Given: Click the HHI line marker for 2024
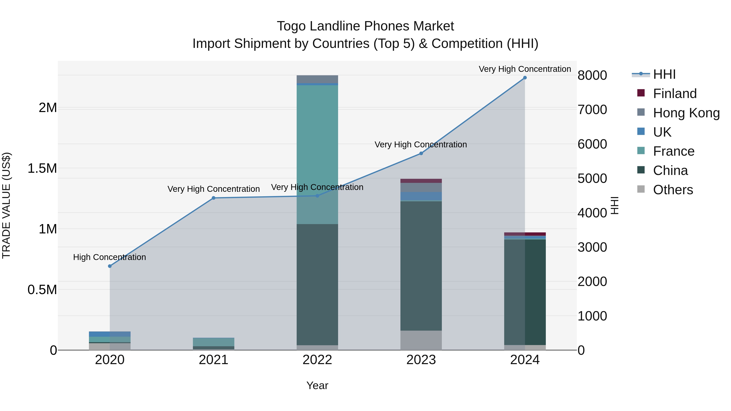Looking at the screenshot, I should [x=525, y=78].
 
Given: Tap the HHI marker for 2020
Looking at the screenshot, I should [x=110, y=266].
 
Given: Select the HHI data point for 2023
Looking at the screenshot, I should [x=421, y=153].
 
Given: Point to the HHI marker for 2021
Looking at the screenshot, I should [x=214, y=198].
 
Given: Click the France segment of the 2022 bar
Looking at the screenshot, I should [x=317, y=142].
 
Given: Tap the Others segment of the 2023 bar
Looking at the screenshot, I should [x=421, y=340].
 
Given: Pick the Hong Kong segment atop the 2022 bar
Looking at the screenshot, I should [x=317, y=79].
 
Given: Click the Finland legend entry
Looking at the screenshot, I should [x=675, y=94].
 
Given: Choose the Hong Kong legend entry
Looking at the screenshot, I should [x=686, y=113].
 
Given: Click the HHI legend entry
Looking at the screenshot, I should [x=664, y=74].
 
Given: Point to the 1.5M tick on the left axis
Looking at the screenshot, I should [x=42, y=168].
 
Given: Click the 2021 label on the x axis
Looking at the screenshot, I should [x=214, y=360].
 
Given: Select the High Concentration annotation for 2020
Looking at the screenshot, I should [x=109, y=257].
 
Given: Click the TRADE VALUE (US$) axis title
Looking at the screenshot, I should [x=6, y=205].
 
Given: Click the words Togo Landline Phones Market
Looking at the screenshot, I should [x=365, y=26].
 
